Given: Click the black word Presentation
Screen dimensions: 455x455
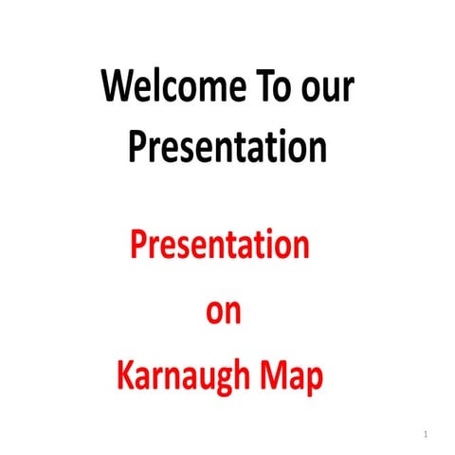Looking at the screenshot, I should point(227,147).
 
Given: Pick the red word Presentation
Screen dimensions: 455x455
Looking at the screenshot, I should point(220,246).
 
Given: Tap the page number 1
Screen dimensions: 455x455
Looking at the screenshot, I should point(427,434).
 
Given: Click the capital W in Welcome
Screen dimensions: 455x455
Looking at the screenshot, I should point(118,89).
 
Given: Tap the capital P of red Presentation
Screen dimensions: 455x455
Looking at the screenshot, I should point(138,246).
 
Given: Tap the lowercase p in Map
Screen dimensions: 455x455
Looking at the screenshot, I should point(315,381).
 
